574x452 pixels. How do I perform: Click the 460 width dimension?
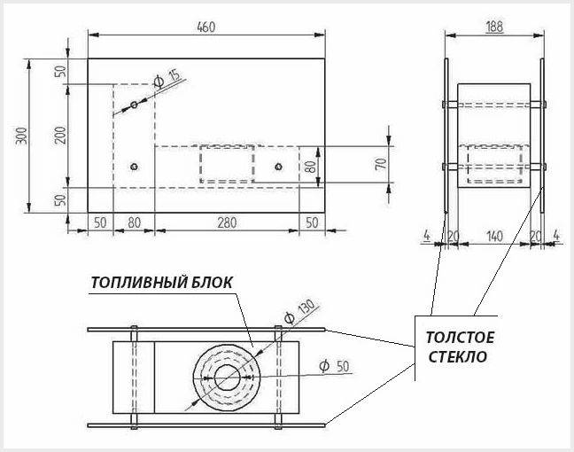pyautogui.click(x=206, y=27)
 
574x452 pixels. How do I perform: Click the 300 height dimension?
pyautogui.click(x=22, y=136)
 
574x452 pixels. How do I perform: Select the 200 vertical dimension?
pyautogui.click(x=61, y=135)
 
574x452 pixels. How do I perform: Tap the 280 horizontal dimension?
pyautogui.click(x=227, y=222)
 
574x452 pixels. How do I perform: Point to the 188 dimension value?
pyautogui.click(x=494, y=27)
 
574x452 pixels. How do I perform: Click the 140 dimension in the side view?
pyautogui.click(x=494, y=237)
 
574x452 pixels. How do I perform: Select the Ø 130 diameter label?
pyautogui.click(x=299, y=311)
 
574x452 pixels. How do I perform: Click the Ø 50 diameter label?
pyautogui.click(x=334, y=366)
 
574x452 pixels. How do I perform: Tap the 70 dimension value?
pyautogui.click(x=381, y=163)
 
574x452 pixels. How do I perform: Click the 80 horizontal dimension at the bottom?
pyautogui.click(x=135, y=222)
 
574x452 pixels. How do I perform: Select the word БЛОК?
pyautogui.click(x=212, y=283)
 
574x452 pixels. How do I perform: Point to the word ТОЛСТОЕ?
pyautogui.click(x=460, y=338)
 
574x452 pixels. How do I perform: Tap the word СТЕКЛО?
pyautogui.click(x=458, y=357)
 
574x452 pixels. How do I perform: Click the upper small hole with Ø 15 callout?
pyautogui.click(x=134, y=105)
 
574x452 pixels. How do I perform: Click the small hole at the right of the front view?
pyautogui.click(x=278, y=167)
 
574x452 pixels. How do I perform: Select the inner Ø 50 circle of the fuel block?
pyautogui.click(x=227, y=378)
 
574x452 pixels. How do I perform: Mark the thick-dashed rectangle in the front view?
pyautogui.click(x=227, y=164)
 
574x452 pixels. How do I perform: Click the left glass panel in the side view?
pyautogui.click(x=446, y=136)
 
